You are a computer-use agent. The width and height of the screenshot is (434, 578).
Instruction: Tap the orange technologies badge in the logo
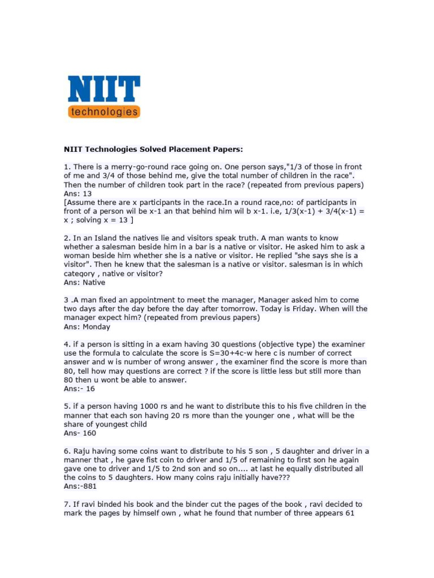(104, 111)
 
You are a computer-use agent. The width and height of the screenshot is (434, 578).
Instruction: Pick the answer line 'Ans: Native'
(84, 282)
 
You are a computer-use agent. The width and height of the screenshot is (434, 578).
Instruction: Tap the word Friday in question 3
(301, 309)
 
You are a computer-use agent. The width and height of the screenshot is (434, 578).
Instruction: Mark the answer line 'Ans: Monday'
(87, 327)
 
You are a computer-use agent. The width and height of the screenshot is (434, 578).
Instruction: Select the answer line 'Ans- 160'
(80, 433)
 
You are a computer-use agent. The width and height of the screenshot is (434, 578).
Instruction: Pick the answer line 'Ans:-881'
(81, 486)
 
